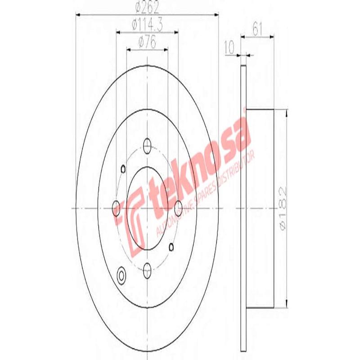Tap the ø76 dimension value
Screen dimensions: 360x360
(x=147, y=43)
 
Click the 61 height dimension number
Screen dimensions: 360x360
(x=257, y=30)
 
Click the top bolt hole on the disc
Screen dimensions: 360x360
(x=147, y=144)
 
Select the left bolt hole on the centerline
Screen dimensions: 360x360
(x=116, y=208)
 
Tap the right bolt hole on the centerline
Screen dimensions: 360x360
(x=179, y=208)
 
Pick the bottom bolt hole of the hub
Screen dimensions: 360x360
(x=147, y=271)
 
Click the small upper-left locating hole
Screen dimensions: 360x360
(x=122, y=170)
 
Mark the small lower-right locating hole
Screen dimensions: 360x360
(x=171, y=246)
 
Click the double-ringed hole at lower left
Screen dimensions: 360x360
(x=121, y=274)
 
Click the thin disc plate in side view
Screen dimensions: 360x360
(x=243, y=207)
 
